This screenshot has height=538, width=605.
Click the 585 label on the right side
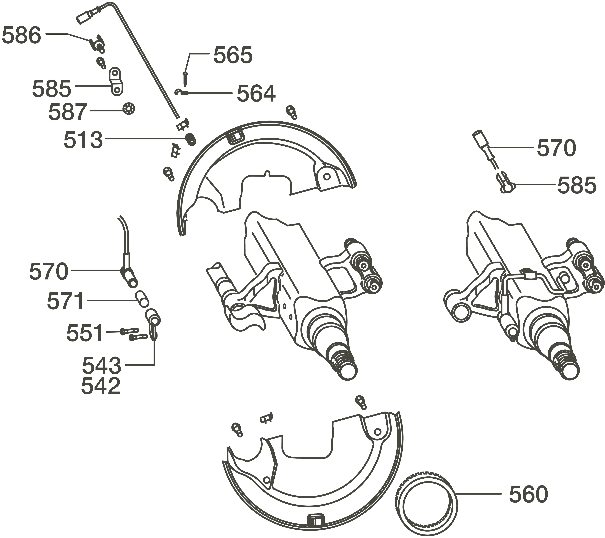[577, 186]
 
